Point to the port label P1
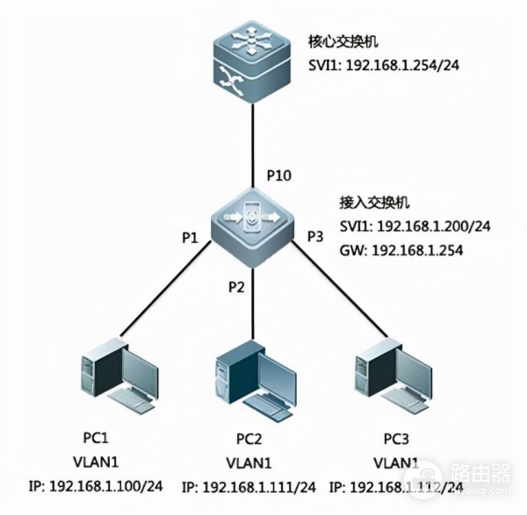pos(192,236)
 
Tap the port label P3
pos(315,236)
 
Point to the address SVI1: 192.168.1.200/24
pos(414,225)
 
